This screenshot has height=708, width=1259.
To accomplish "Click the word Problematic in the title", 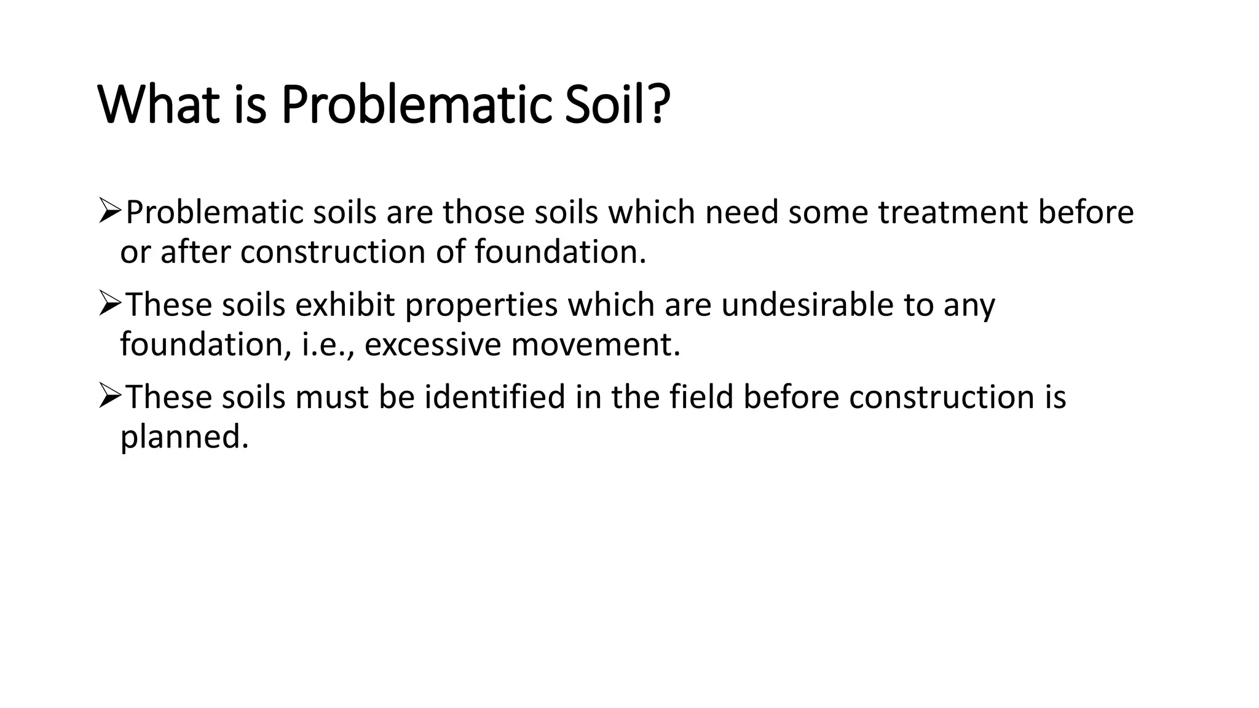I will tap(417, 104).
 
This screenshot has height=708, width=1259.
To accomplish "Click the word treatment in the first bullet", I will tap(952, 212).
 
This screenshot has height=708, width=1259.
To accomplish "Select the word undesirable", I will tap(807, 304).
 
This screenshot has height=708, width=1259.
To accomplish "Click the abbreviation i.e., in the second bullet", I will tap(328, 344).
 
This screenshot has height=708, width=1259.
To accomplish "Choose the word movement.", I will tap(596, 344).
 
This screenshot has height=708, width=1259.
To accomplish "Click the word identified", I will tap(495, 396).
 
